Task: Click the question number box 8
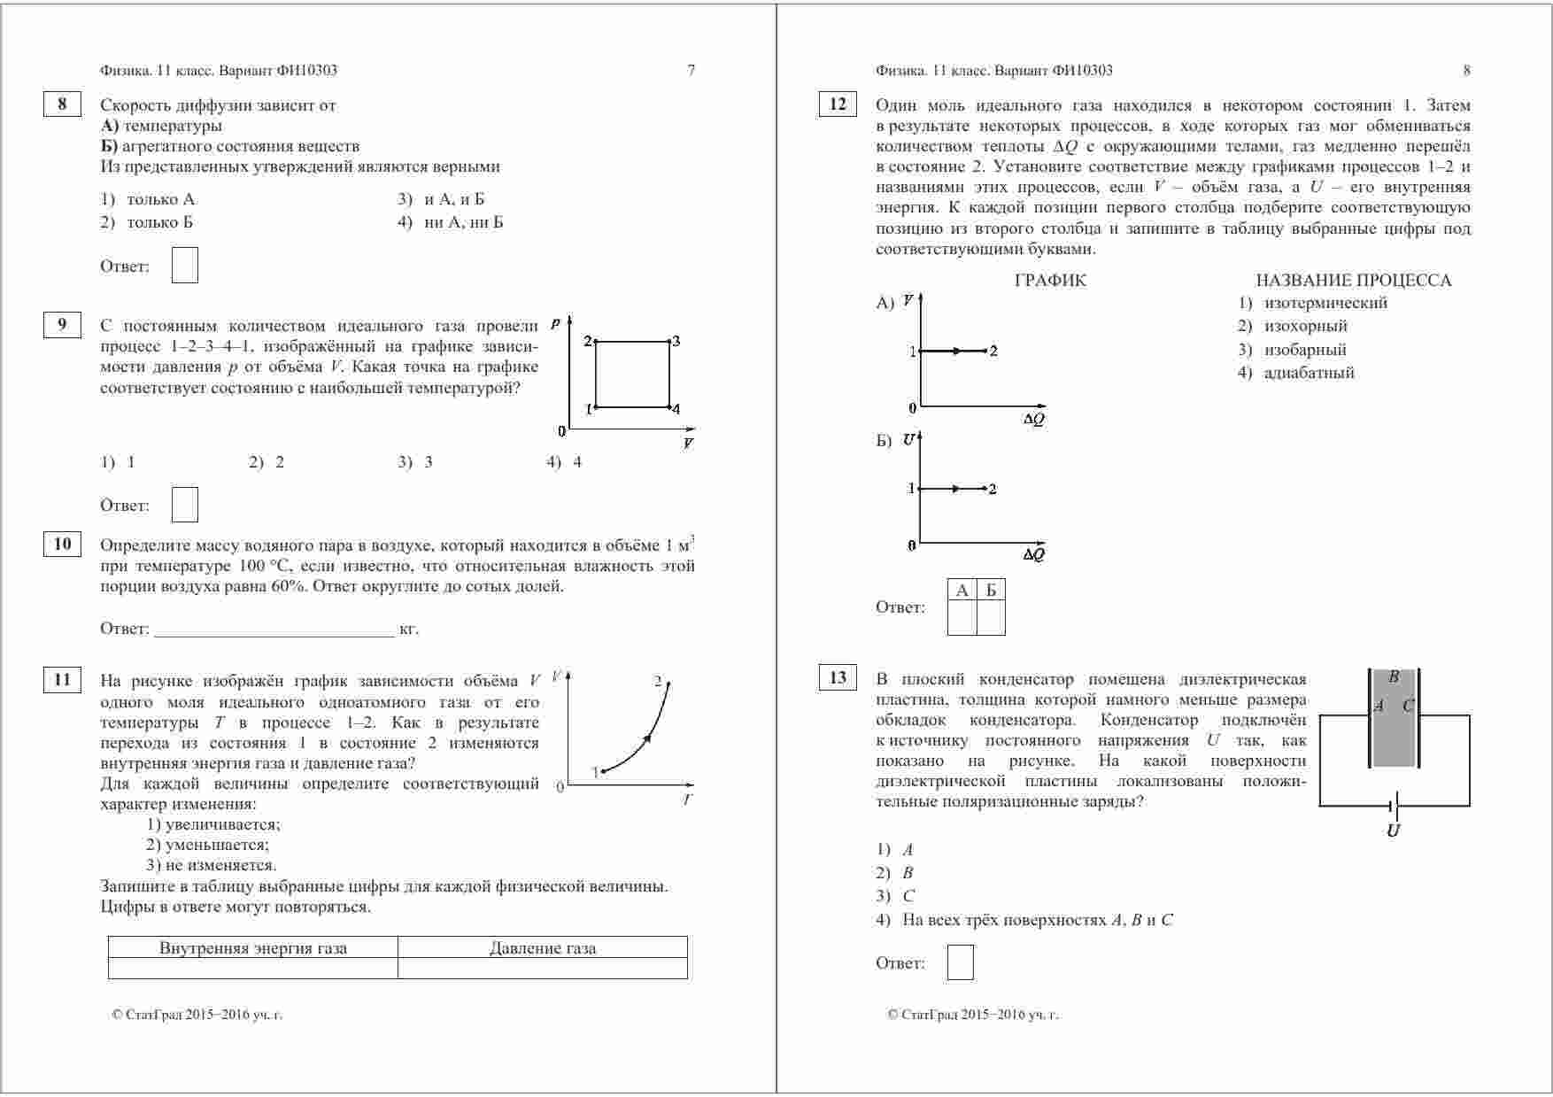62,104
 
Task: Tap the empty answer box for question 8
184,266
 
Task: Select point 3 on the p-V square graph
669,342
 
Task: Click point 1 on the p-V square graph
596,407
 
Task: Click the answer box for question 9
184,505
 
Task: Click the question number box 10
62,544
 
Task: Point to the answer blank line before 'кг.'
274,629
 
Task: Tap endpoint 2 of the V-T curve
668,684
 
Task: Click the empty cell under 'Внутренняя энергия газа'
252,968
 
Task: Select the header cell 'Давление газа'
542,948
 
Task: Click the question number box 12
837,104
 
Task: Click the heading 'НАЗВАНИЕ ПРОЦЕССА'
1353,281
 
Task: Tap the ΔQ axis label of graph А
1033,420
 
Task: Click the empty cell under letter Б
991,618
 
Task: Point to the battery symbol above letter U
1394,806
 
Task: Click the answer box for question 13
960,962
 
